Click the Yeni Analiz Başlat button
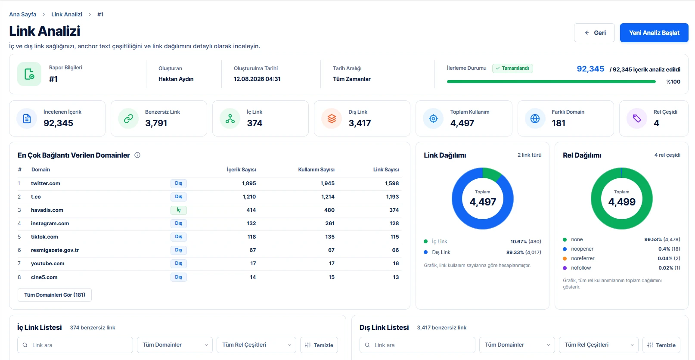pos(654,33)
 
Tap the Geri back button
pos(594,33)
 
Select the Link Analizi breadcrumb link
pos(67,14)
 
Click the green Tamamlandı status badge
pos(512,68)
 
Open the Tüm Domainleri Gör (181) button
pos(55,295)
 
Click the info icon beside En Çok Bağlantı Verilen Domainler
pos(137,155)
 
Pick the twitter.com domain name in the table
pos(46,183)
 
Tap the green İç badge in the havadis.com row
pos(178,210)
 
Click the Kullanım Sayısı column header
pos(316,169)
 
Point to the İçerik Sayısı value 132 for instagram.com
pos(251,223)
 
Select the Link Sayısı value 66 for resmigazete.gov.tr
pos(395,250)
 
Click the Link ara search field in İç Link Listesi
pos(75,345)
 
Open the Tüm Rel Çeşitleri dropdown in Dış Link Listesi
pos(599,345)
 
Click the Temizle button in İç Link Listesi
pos(319,345)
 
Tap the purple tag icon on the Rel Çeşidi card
pos(637,118)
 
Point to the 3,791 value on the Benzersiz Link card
pos(156,123)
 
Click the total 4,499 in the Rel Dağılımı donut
pos(622,202)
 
